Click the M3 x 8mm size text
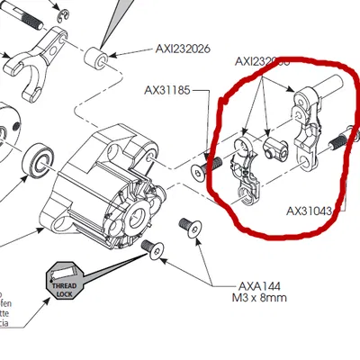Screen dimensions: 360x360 click(242, 296)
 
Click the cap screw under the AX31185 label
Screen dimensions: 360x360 click(215, 163)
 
